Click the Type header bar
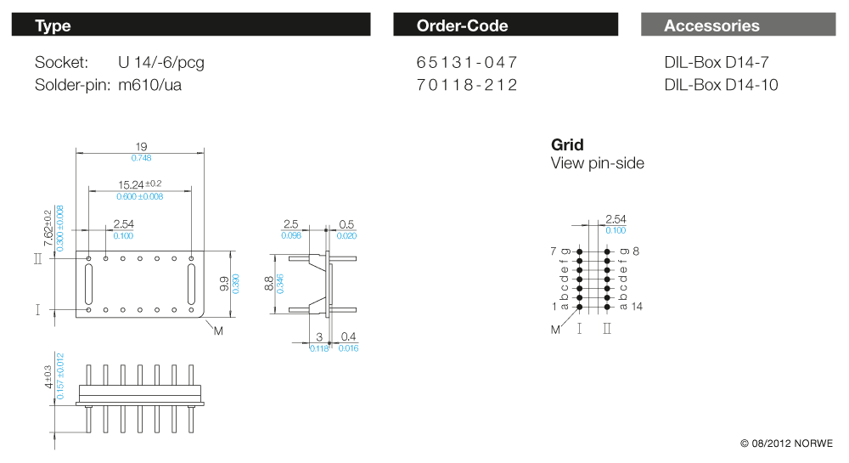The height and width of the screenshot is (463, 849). click(191, 25)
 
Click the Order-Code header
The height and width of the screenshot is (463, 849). click(505, 25)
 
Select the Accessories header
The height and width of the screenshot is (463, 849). click(737, 25)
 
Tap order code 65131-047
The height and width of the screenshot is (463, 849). click(467, 62)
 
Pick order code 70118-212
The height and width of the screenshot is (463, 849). click(467, 85)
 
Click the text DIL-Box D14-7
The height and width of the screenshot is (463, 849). click(717, 62)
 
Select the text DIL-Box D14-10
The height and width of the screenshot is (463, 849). click(721, 85)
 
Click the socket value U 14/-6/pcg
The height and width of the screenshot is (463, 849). click(161, 62)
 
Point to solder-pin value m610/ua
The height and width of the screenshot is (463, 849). click(149, 85)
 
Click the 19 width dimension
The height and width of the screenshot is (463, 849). click(141, 146)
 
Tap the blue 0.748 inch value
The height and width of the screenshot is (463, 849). click(141, 158)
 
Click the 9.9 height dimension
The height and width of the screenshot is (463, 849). click(223, 284)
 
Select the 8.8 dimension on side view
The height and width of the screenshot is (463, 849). click(269, 284)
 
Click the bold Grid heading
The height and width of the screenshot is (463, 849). click(567, 144)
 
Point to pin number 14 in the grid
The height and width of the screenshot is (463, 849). click(637, 306)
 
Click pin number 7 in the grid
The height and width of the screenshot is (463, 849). click(554, 251)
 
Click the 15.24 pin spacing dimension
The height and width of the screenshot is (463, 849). click(135, 184)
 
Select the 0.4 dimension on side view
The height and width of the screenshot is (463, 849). click(349, 337)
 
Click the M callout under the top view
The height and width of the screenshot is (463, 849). click(218, 330)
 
